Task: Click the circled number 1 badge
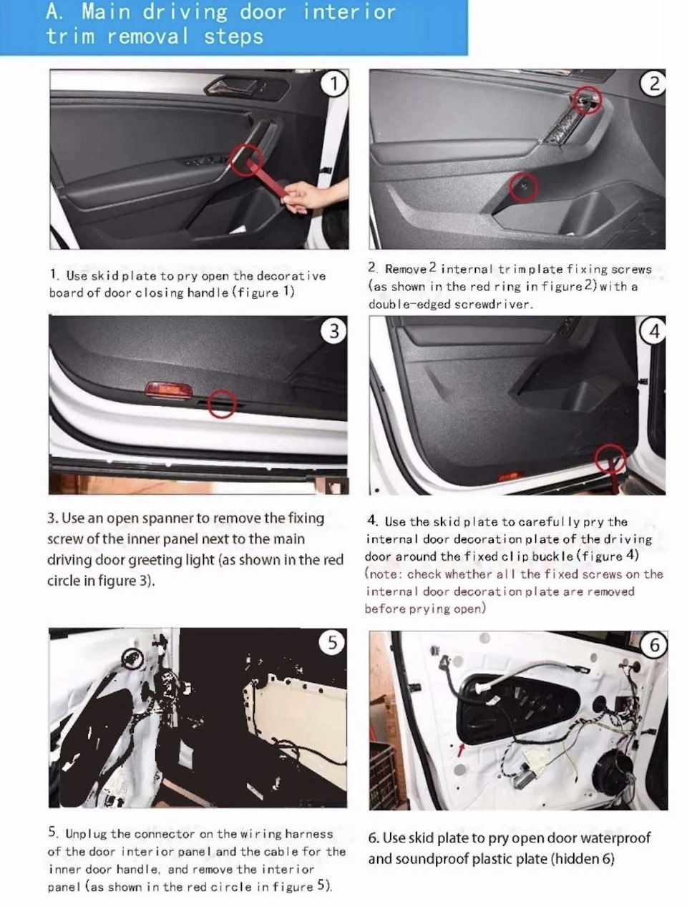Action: pyautogui.click(x=333, y=84)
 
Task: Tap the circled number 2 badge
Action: pyautogui.click(x=653, y=84)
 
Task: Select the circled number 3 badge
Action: pyautogui.click(x=333, y=330)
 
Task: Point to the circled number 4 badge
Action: pyautogui.click(x=653, y=331)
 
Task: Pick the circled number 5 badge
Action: pyautogui.click(x=333, y=643)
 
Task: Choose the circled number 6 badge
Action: pyautogui.click(x=654, y=645)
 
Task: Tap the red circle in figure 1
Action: pyautogui.click(x=246, y=159)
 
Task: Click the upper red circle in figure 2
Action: pyautogui.click(x=588, y=100)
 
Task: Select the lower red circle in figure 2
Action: pyautogui.click(x=524, y=187)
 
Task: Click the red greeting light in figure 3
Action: pyautogui.click(x=168, y=390)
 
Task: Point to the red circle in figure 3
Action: pyautogui.click(x=223, y=403)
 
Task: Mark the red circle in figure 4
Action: pyautogui.click(x=610, y=458)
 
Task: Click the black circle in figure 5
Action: pyautogui.click(x=133, y=659)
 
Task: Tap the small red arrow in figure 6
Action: pyautogui.click(x=462, y=749)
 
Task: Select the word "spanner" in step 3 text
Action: pyautogui.click(x=167, y=518)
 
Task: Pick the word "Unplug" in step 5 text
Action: pyautogui.click(x=85, y=834)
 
